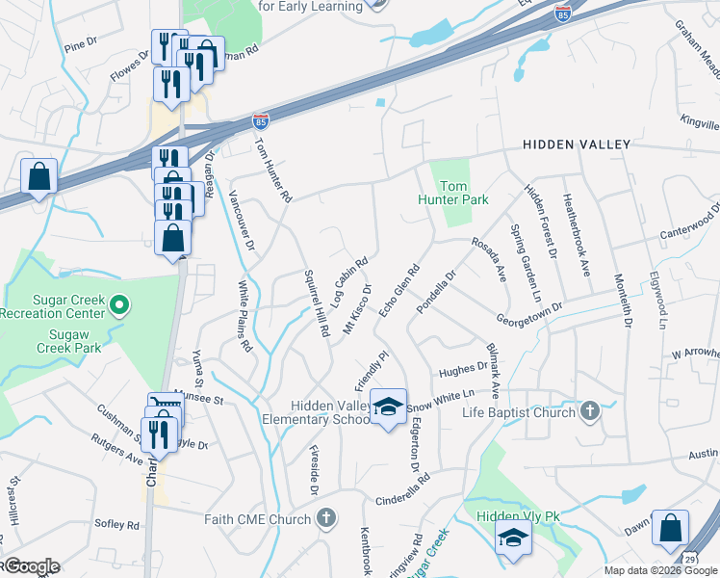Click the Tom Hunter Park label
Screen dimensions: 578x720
464,193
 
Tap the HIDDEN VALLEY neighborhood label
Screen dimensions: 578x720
577,144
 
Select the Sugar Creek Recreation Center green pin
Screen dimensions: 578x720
119,306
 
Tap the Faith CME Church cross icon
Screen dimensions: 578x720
326,518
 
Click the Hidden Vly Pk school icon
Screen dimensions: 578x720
513,538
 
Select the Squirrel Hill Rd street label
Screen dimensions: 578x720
314,302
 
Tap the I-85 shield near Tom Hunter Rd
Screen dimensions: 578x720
261,120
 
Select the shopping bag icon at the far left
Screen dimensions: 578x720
39,178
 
